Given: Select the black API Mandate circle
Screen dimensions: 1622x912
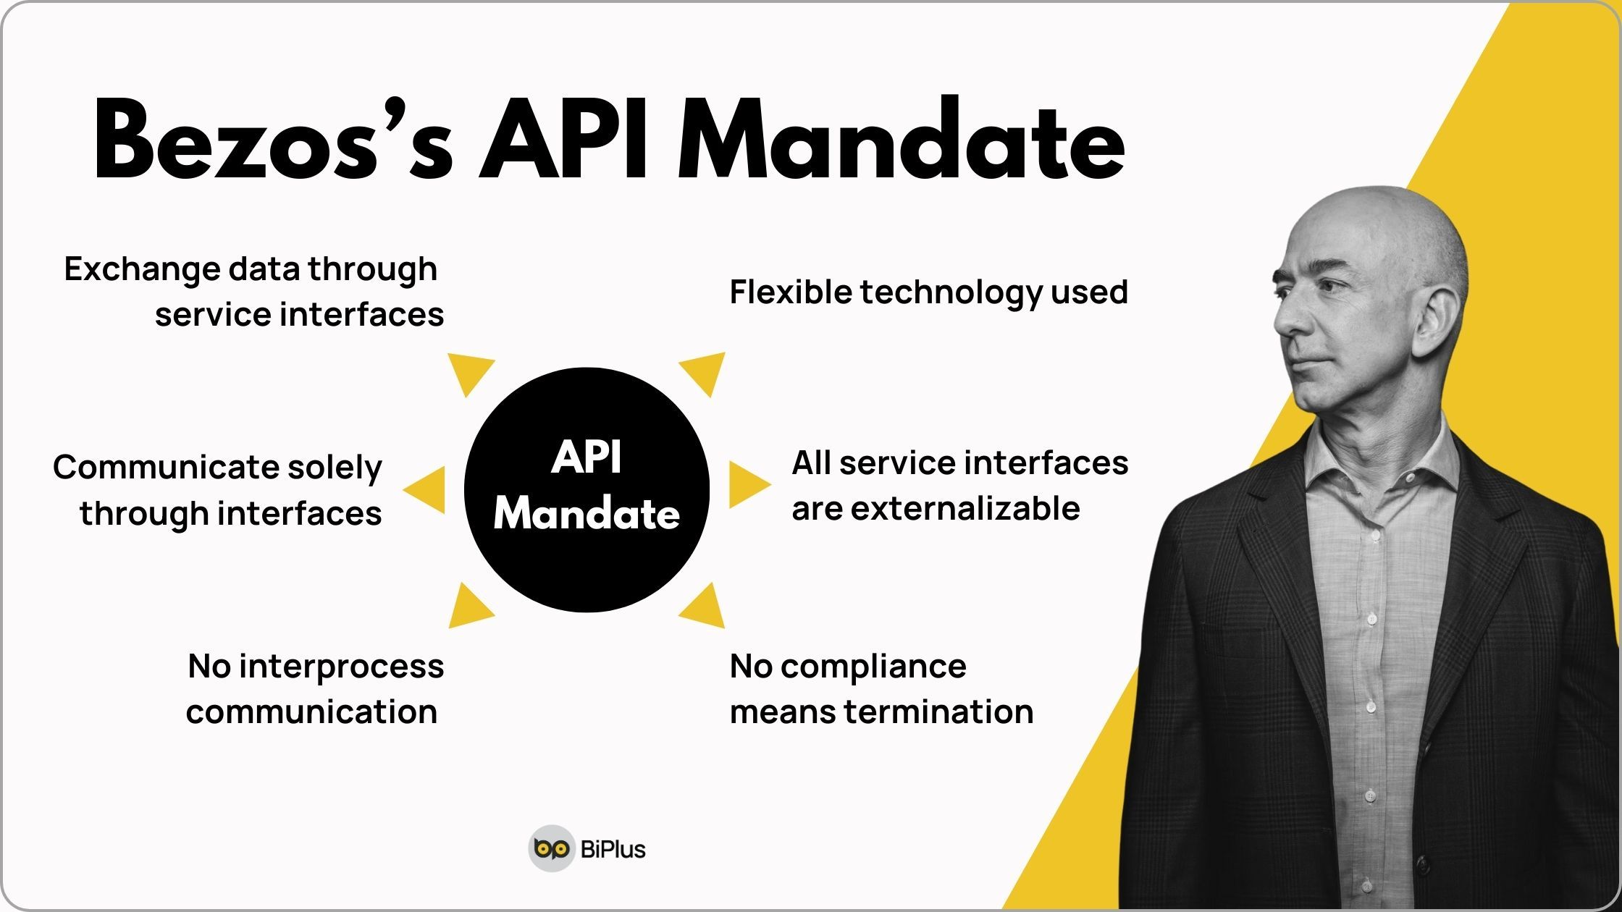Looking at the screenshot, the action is point(587,490).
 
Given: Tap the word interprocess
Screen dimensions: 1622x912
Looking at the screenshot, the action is point(341,666).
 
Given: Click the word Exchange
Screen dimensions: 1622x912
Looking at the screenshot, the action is point(141,269).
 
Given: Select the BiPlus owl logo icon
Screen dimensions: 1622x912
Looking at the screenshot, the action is point(551,848).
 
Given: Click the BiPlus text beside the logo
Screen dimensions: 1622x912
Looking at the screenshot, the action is point(613,848).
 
